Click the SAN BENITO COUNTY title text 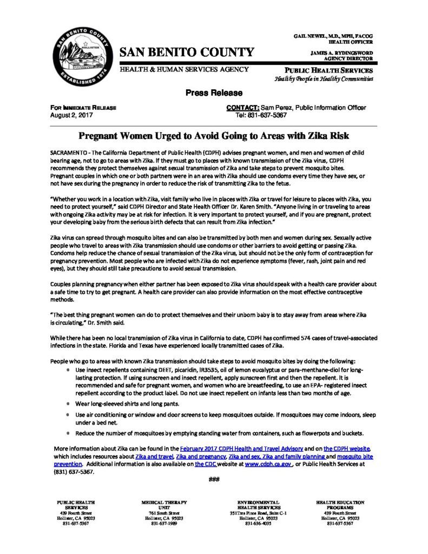(x=187, y=52)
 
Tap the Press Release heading (x=214, y=93)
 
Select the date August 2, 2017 (x=67, y=115)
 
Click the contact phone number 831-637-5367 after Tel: (x=268, y=115)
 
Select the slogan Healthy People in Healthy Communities (x=324, y=78)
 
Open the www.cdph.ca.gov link (x=268, y=464)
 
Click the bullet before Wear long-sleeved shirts (x=67, y=404)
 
